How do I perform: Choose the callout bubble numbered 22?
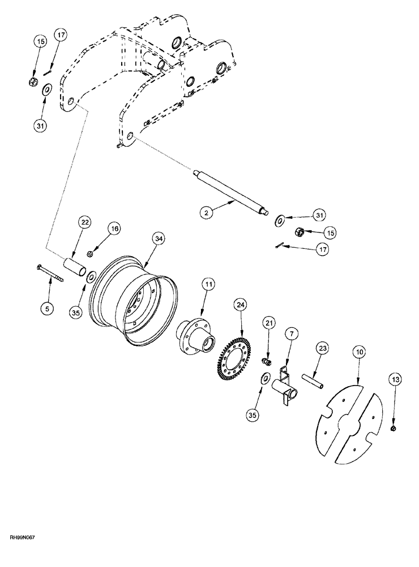85,224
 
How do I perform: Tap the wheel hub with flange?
198,337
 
